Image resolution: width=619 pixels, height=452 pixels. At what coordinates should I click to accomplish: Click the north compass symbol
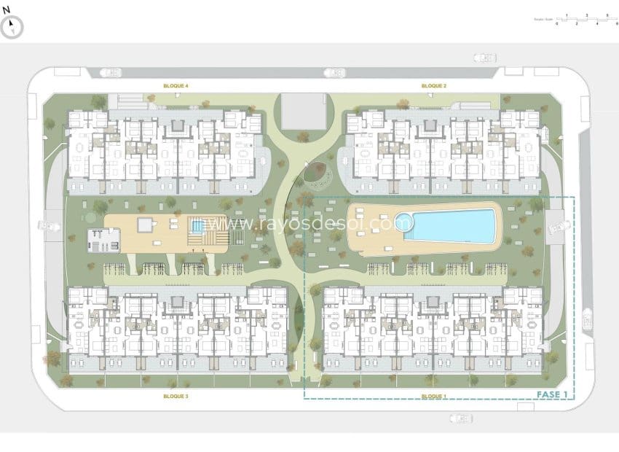[x=12, y=27]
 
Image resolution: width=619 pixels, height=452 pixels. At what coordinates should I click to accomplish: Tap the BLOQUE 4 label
[x=176, y=86]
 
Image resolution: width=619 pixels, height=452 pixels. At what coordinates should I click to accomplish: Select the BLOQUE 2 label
[x=433, y=86]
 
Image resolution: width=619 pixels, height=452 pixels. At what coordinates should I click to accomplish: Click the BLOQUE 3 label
[x=176, y=396]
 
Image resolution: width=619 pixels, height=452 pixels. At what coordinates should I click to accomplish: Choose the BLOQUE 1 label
[x=433, y=396]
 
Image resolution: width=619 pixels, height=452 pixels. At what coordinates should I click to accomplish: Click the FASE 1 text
[x=552, y=394]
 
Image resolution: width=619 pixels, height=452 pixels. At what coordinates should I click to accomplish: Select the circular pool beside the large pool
[x=403, y=221]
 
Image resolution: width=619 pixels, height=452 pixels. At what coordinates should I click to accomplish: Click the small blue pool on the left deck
[x=197, y=227]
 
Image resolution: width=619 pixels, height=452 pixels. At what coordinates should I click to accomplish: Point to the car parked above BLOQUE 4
[x=111, y=72]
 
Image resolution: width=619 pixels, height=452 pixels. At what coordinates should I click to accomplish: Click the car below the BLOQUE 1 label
[x=460, y=418]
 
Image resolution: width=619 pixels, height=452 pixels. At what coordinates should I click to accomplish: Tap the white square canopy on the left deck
[x=147, y=224]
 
